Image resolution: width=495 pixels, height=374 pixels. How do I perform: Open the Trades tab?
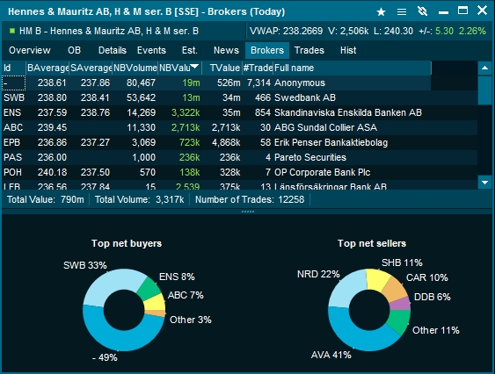(309, 50)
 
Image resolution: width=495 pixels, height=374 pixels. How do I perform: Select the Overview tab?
(29, 50)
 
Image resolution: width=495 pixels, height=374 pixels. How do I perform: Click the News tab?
(226, 50)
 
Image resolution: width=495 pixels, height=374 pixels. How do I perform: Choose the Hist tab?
(348, 50)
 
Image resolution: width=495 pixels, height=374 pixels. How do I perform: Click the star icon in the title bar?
(381, 12)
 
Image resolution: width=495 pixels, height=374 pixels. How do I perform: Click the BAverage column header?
(47, 68)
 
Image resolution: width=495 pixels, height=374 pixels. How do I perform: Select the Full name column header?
(295, 68)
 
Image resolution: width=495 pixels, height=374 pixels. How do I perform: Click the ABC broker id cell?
(12, 127)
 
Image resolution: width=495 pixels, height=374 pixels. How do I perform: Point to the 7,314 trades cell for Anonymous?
(258, 83)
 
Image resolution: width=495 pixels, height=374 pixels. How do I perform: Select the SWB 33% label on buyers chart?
(84, 264)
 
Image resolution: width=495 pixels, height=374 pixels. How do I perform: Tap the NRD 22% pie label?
(318, 274)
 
